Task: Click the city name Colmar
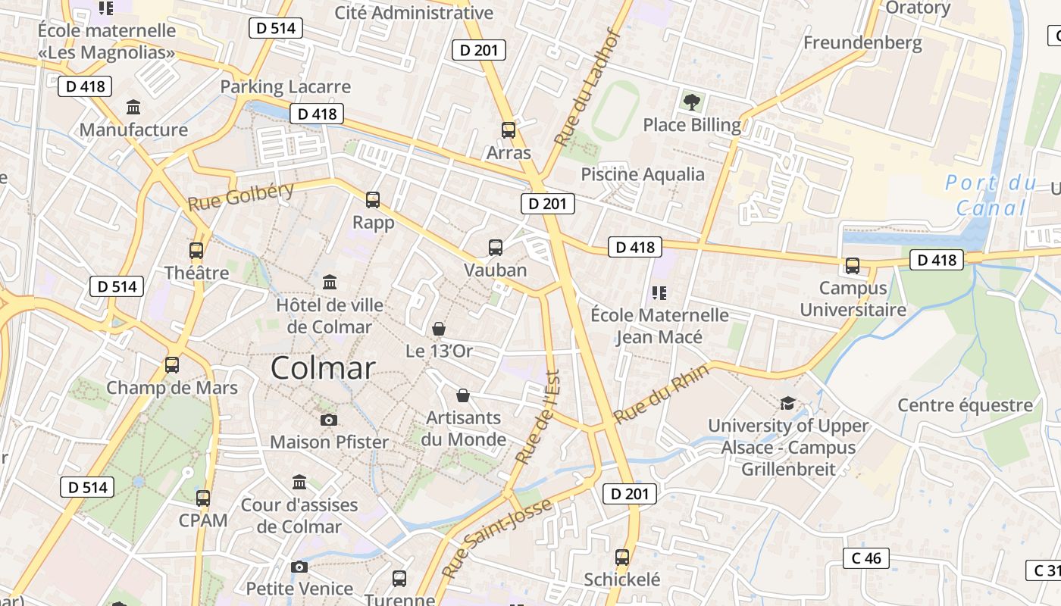coord(323,368)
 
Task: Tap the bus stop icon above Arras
coord(509,130)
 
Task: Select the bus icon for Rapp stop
coord(373,200)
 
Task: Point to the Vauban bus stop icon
coord(496,248)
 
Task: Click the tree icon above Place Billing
coord(691,102)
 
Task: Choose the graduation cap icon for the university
coord(787,403)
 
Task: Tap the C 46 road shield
coord(866,558)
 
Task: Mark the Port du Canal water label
coord(991,195)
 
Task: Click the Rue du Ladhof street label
coord(588,89)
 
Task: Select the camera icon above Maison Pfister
coord(328,420)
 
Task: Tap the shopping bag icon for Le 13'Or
coord(439,329)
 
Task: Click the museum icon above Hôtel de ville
coord(330,283)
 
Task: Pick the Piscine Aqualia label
coord(643,174)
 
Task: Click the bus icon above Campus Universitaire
coord(853,266)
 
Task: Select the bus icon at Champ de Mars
coord(172,365)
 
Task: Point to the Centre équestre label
coord(965,405)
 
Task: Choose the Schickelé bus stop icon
coord(622,558)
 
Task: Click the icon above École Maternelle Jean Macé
coord(659,292)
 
